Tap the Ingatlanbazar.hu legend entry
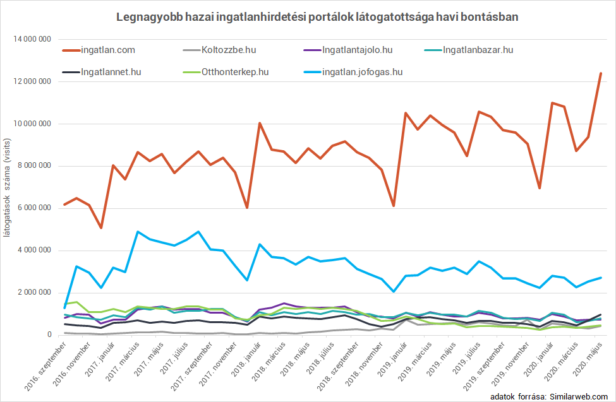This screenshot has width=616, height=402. pos(478,49)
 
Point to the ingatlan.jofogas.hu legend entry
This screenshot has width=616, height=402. pos(362,72)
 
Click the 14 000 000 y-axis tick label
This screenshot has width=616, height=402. pos(31,39)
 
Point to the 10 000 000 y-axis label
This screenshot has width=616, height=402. pos(31,124)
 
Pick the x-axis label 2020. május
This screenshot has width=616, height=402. pos(588,358)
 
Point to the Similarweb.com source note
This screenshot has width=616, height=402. pos(548,396)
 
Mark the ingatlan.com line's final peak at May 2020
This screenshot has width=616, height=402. pos(600,74)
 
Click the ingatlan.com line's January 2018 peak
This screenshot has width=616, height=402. pos(260,123)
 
